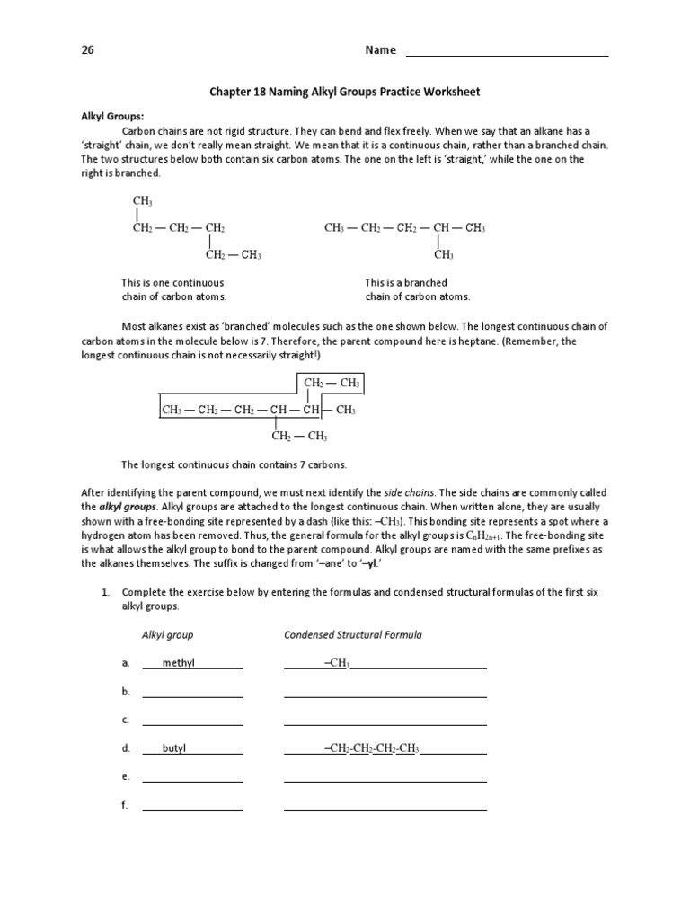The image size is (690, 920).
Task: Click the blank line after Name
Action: point(508,52)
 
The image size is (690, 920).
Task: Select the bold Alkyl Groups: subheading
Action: point(112,116)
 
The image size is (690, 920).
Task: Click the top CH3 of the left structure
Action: point(142,200)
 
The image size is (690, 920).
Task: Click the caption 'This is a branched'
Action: point(406,282)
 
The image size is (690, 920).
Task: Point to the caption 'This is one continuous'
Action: point(172,282)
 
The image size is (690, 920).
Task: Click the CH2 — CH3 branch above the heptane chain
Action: point(332,384)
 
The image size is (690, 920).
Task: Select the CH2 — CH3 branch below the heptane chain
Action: point(299,437)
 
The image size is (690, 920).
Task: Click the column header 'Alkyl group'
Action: point(167,634)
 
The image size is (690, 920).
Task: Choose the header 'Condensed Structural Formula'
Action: point(353,634)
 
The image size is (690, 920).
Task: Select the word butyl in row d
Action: point(174,747)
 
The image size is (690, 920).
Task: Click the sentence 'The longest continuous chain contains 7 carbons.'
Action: point(234,465)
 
